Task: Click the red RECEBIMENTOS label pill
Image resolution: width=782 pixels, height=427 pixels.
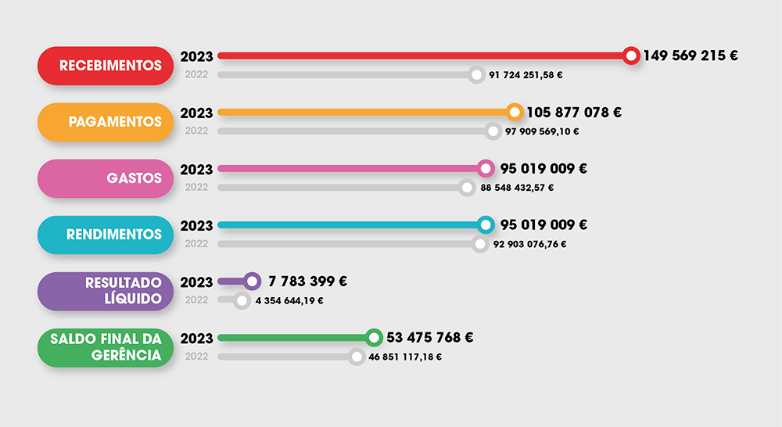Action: point(105,66)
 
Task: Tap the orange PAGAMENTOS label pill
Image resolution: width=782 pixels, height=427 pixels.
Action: point(105,122)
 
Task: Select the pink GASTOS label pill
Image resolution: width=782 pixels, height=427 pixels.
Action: point(105,178)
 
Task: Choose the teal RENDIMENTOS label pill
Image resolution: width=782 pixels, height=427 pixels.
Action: point(105,235)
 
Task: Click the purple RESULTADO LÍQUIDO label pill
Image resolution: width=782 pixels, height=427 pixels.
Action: point(105,291)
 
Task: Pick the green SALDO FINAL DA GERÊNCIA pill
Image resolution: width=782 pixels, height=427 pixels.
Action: point(105,347)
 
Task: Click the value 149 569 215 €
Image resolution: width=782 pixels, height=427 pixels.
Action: point(691,56)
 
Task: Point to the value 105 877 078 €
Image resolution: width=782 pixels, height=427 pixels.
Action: point(574,112)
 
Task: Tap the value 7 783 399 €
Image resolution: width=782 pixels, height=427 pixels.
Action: point(307,282)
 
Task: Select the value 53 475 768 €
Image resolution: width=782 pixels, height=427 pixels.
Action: point(430,338)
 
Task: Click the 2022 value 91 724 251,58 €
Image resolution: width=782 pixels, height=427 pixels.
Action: point(526,75)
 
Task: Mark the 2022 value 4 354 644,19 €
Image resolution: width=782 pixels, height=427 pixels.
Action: point(289,300)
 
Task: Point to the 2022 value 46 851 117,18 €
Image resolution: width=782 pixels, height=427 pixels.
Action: point(405,357)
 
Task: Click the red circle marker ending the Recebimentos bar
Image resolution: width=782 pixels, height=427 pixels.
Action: point(631,56)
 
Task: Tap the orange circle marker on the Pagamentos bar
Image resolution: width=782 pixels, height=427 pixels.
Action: point(515,112)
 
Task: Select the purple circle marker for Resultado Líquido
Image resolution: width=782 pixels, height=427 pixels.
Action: point(252,281)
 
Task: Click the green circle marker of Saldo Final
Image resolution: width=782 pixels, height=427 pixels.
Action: point(375,338)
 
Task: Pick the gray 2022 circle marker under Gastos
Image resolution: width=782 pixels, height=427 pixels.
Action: point(467,188)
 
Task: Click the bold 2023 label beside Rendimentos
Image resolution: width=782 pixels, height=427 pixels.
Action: point(196,225)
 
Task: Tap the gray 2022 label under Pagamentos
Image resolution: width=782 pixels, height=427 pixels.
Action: point(196,131)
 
